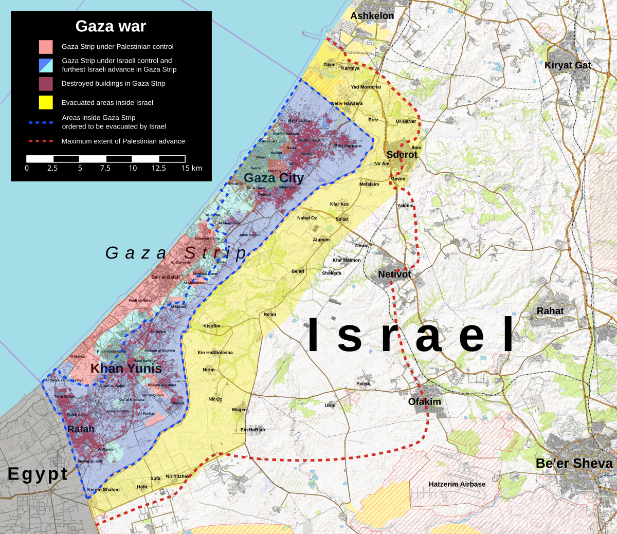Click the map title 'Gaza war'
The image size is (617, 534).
tap(111, 26)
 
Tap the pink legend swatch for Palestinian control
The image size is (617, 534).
tap(46, 47)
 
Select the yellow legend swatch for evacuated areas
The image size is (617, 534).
tap(46, 102)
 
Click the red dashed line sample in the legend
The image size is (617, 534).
tap(41, 141)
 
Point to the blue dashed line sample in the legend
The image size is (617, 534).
tap(41, 122)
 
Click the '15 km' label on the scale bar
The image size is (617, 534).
tap(192, 168)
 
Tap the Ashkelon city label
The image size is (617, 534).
tap(372, 16)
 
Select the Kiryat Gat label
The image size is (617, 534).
tap(568, 65)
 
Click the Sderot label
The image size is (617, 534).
tap(402, 154)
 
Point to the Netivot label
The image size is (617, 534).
tap(394, 274)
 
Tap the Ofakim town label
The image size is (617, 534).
tap(424, 401)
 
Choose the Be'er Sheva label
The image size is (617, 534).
tap(574, 463)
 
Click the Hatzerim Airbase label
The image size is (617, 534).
tap(457, 484)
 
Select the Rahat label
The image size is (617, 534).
tap(550, 311)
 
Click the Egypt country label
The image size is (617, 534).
tap(38, 474)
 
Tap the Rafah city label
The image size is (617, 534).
tap(81, 429)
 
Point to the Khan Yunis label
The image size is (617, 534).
tap(126, 368)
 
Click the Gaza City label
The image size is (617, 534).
tap(274, 178)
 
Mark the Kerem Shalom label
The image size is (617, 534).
tap(103, 490)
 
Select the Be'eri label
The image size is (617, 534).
tap(298, 271)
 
